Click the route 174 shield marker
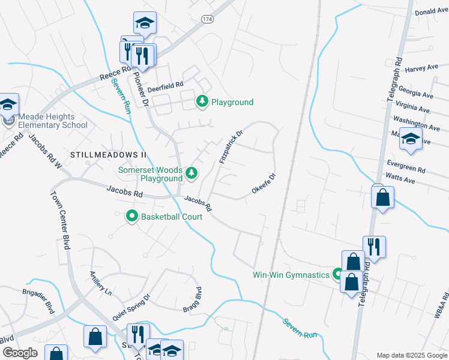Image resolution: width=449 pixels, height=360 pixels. [207, 20]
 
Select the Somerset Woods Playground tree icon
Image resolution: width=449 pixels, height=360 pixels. [191, 174]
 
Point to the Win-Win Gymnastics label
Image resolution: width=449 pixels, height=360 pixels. [291, 275]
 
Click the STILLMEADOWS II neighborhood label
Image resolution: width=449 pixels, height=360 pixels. [109, 154]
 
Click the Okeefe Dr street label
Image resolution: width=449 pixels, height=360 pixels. [263, 184]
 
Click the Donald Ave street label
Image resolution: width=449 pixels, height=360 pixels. [432, 11]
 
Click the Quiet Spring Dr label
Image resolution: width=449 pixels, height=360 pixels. [131, 307]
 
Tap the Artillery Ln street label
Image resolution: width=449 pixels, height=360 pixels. [100, 283]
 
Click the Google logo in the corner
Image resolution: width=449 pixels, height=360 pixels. [20, 353]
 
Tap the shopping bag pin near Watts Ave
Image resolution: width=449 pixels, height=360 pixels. [382, 197]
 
